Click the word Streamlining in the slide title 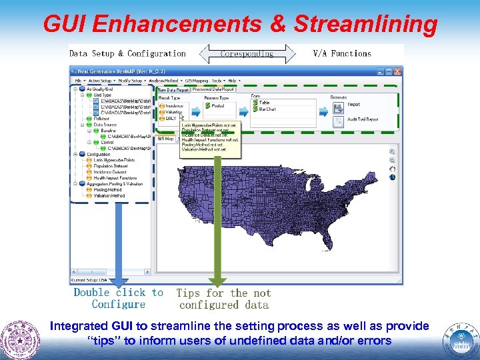[365, 24]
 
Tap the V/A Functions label [341, 53]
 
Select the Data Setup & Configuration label [128, 53]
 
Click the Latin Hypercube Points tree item [113, 160]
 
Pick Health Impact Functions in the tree [115, 177]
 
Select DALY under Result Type [171, 118]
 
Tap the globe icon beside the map [393, 177]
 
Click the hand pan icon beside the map [393, 168]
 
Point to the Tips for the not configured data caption [223, 299]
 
